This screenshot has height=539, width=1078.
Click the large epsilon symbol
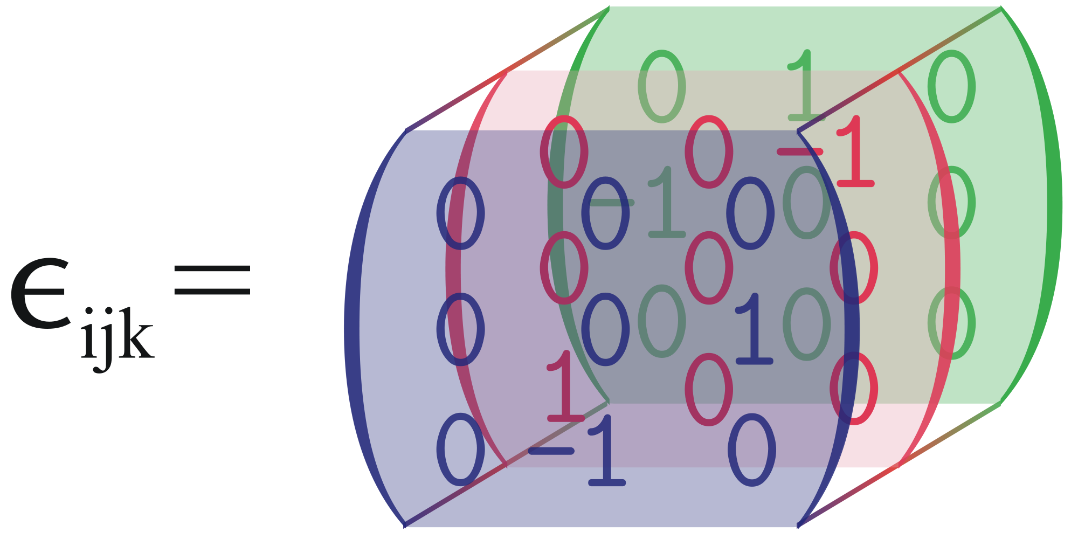40,294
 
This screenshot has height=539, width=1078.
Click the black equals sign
212,279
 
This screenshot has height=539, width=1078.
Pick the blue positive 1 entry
754,329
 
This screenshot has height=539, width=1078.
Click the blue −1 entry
577,451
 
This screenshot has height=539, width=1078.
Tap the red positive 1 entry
565,386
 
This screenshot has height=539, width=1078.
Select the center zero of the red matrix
709,268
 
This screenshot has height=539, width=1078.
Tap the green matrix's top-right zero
952,86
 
